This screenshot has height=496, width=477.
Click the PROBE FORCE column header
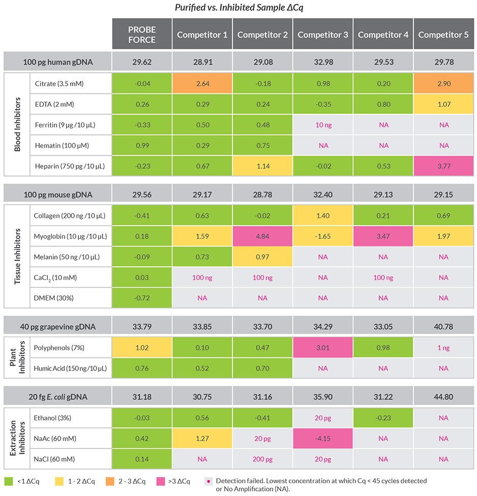click(142, 35)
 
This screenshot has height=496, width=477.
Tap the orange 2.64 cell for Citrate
click(202, 83)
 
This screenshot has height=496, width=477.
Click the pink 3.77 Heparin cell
click(443, 166)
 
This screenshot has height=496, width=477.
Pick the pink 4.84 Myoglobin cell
click(262, 236)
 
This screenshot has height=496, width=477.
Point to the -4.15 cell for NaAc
click(323, 438)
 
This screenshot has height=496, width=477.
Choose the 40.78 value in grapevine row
click(443, 326)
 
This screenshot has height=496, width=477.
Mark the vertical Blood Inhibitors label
click(17, 125)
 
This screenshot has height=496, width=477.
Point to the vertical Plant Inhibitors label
click(17, 358)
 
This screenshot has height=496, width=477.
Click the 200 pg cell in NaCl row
click(262, 459)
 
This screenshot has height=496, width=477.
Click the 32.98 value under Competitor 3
click(323, 63)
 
